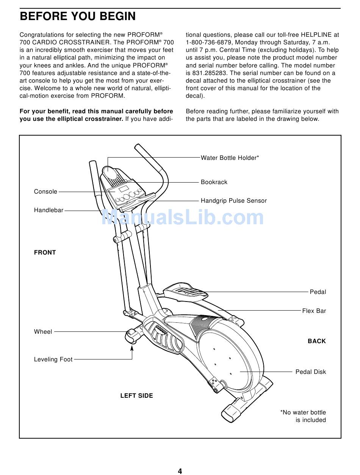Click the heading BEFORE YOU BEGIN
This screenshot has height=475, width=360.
(78, 16)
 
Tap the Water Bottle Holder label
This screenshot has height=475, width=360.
(230, 158)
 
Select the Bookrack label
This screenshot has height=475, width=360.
(214, 182)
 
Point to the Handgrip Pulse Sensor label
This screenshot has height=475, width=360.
(233, 201)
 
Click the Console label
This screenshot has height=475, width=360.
(45, 192)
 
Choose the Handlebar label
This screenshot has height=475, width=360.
(49, 210)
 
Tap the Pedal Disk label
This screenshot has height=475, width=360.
(310, 372)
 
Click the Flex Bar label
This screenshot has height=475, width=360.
(314, 311)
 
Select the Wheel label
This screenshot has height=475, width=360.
(43, 332)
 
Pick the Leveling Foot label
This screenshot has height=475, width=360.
(53, 359)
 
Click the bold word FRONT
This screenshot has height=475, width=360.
(45, 253)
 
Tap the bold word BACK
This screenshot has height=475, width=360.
(316, 341)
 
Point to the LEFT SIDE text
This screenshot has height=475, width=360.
(136, 396)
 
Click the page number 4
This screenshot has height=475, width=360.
(180, 471)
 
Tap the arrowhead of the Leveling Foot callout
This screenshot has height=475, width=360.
(132, 347)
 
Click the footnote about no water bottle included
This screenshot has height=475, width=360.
(303, 416)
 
